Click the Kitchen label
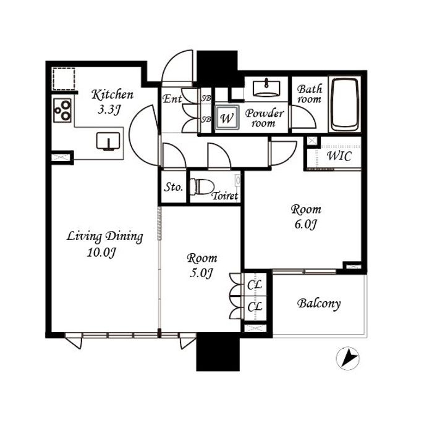point(112,94)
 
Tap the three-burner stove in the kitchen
point(62,111)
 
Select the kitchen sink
point(108,141)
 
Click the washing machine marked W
point(227,117)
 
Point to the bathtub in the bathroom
point(345,104)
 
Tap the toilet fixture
point(202,186)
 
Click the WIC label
point(339,156)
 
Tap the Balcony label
point(319,304)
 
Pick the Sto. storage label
point(173,187)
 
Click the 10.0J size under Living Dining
point(101,252)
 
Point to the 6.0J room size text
point(305,225)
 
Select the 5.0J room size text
point(201,273)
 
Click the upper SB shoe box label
point(206,98)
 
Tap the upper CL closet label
point(255,285)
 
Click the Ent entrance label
point(172,99)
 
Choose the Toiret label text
point(225,196)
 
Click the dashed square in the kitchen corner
point(64,78)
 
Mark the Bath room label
point(310,94)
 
